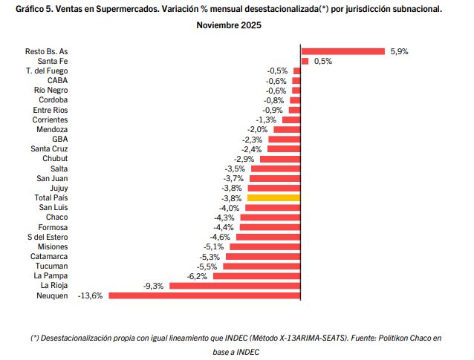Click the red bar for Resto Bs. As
[x=342, y=51]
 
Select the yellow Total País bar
[x=273, y=198]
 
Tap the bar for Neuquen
[x=204, y=295]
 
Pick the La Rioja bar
[x=235, y=286]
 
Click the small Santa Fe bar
[x=305, y=61]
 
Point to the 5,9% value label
[x=399, y=51]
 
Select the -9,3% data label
[x=153, y=286]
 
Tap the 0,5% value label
[x=323, y=61]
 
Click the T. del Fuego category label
[x=47, y=71]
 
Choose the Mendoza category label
[x=52, y=129]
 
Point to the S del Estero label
[x=46, y=237]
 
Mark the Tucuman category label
[x=51, y=266]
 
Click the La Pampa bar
[x=256, y=276]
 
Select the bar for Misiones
[x=264, y=246]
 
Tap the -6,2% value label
[x=197, y=276]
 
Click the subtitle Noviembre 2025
[x=229, y=25]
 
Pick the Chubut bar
[x=279, y=159]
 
